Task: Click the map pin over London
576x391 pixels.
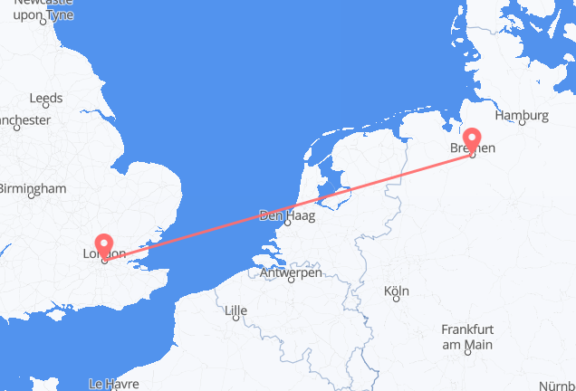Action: [x=104, y=245]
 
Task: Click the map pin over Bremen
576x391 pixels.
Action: [x=472, y=143]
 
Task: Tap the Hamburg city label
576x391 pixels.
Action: [x=523, y=115]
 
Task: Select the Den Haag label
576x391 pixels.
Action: [x=282, y=216]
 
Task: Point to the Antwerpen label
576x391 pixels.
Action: [x=290, y=272]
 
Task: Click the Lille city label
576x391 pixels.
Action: [x=235, y=312]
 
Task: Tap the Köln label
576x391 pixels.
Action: [x=397, y=291]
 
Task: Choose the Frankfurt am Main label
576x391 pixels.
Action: [x=467, y=337]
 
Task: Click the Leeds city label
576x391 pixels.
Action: [x=45, y=98]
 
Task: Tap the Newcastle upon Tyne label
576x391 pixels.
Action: [x=42, y=9]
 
